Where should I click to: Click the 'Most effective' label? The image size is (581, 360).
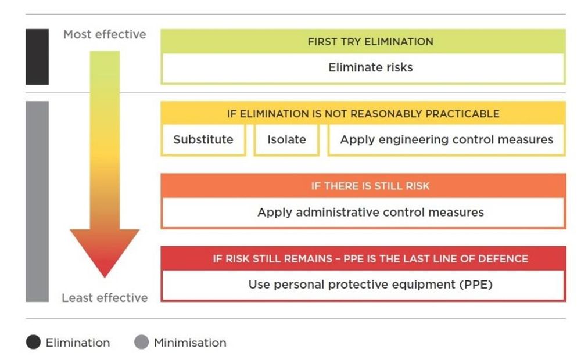105,34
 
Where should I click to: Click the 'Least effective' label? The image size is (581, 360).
105,298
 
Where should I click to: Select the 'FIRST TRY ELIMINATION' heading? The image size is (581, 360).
370,42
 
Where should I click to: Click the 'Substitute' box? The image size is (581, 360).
203,140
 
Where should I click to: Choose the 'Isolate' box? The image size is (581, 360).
286,140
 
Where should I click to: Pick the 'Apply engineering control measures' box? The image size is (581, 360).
446,140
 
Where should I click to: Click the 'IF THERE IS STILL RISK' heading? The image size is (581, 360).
370,186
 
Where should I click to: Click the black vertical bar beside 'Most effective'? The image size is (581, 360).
37,57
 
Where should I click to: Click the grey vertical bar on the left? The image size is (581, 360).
37,201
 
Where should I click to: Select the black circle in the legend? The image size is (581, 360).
33,343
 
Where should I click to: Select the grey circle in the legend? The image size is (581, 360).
141,343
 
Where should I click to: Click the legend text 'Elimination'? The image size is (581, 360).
77,343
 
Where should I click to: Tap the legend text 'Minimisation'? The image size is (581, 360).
190,343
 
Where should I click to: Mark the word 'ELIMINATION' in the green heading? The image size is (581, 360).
400,42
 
